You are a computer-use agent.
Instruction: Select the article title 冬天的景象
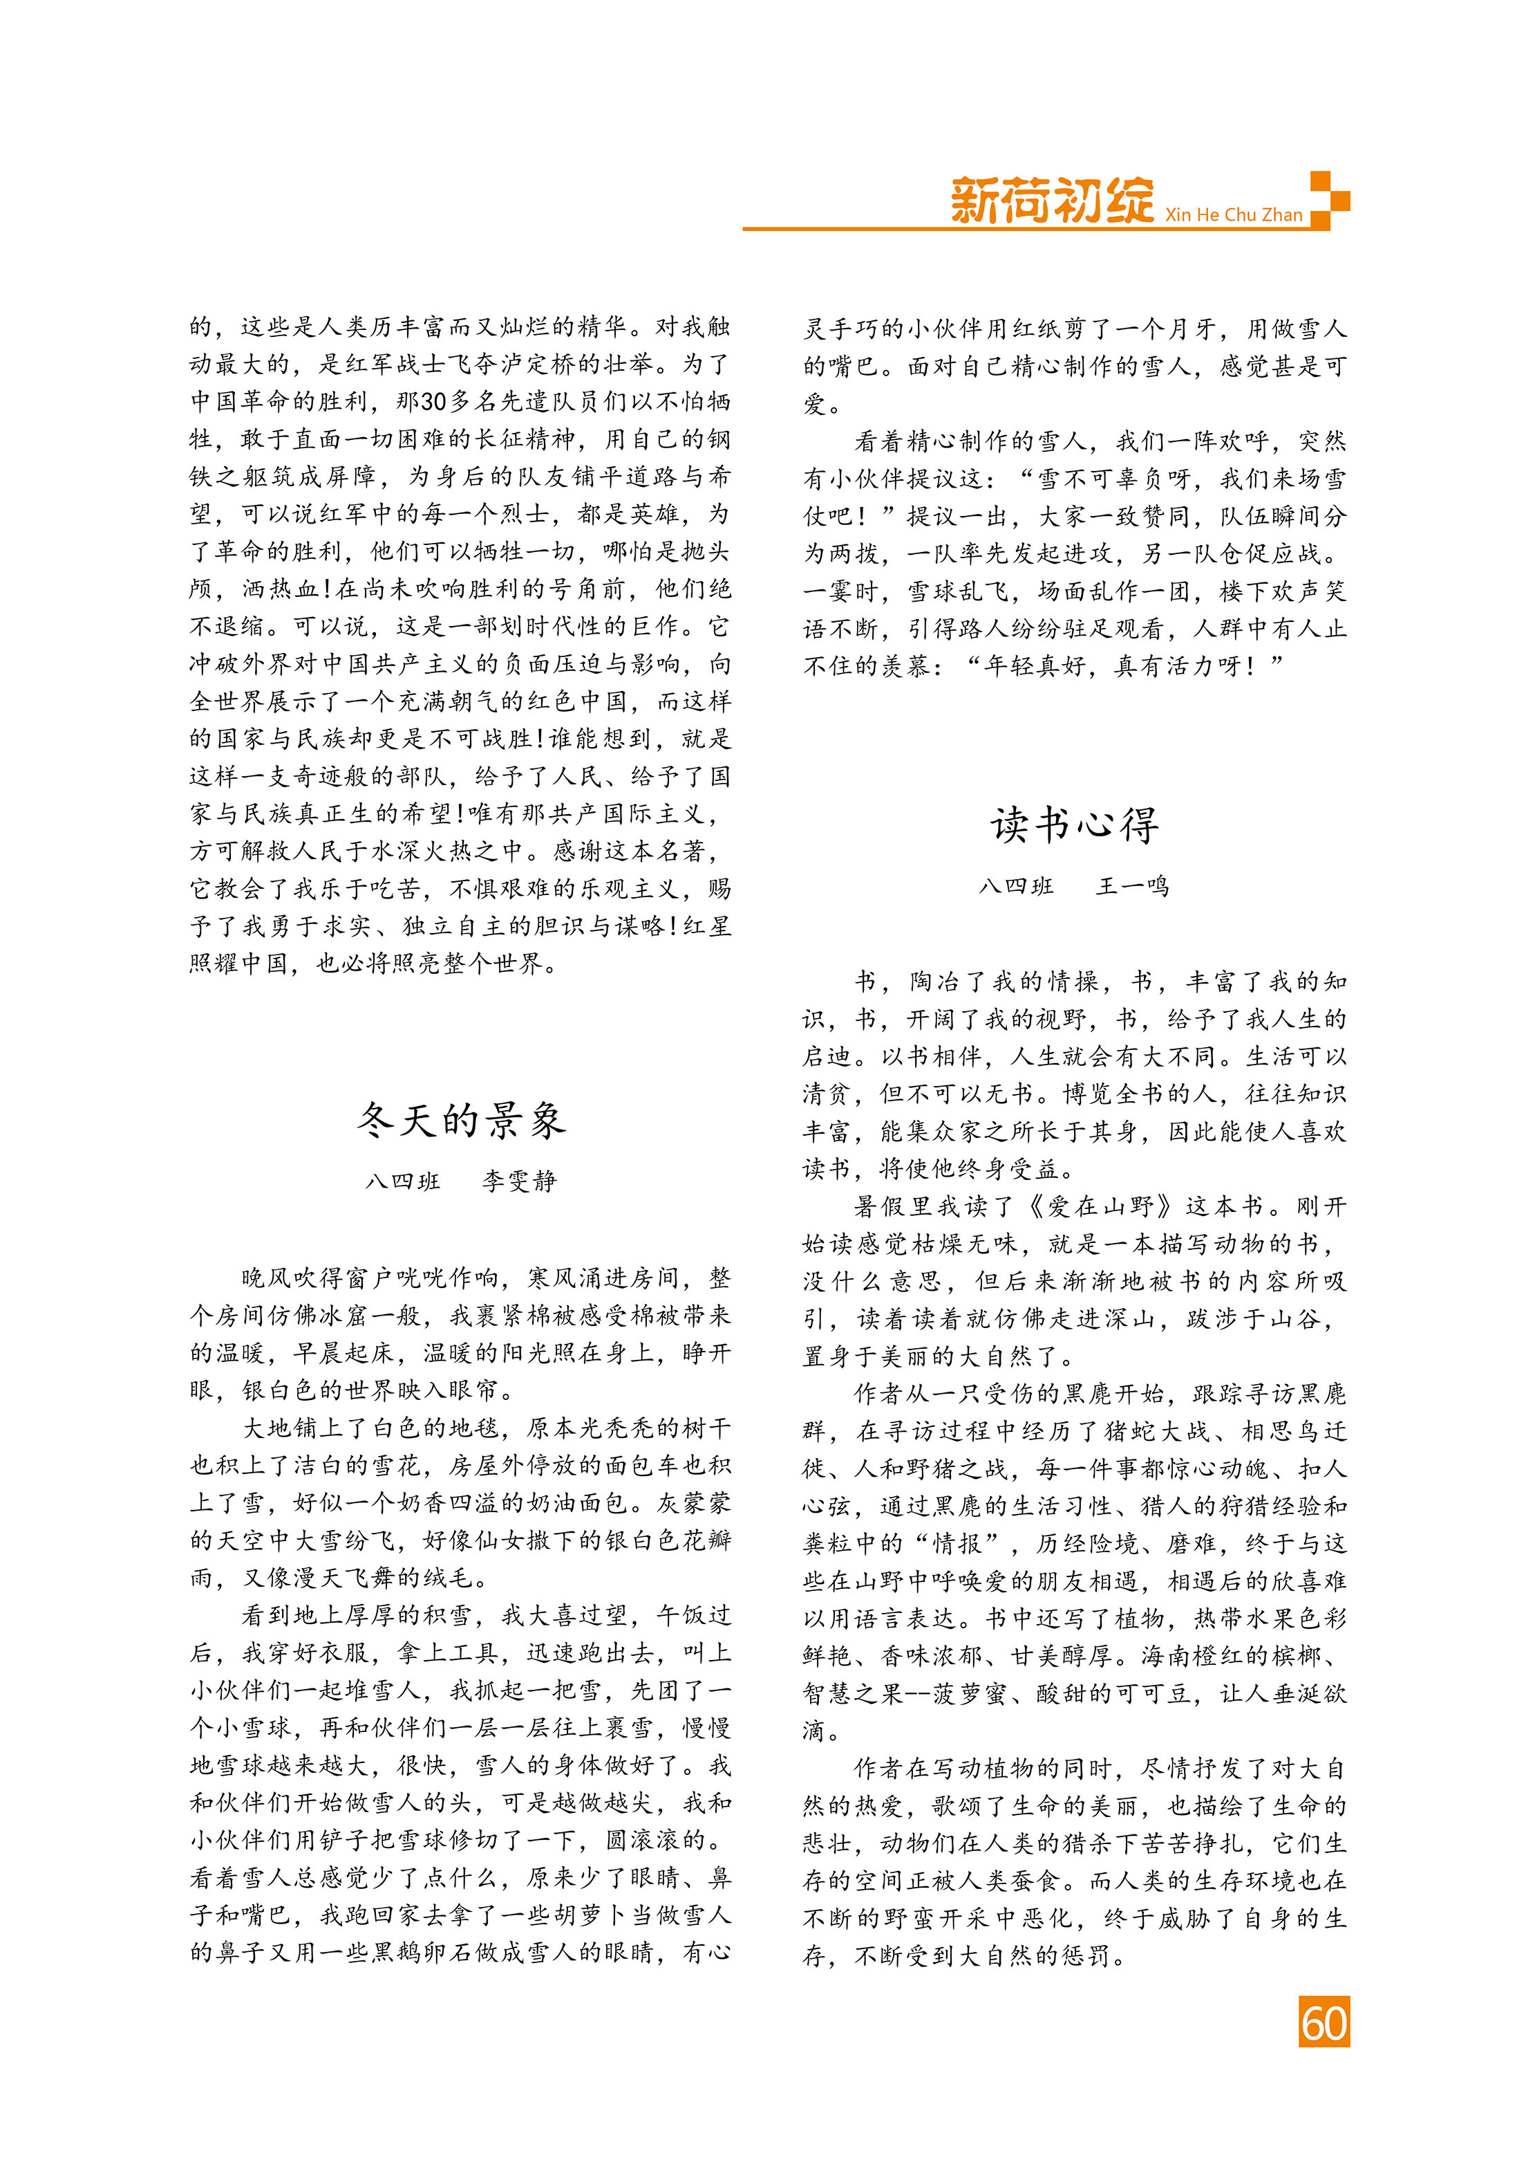point(462,1120)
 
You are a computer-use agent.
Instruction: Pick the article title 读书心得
point(1074,824)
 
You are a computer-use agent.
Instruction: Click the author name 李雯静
point(520,1181)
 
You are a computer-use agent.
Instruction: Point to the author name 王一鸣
point(1133,886)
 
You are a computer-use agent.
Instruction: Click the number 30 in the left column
point(433,401)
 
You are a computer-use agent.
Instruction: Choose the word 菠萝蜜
point(968,1693)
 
